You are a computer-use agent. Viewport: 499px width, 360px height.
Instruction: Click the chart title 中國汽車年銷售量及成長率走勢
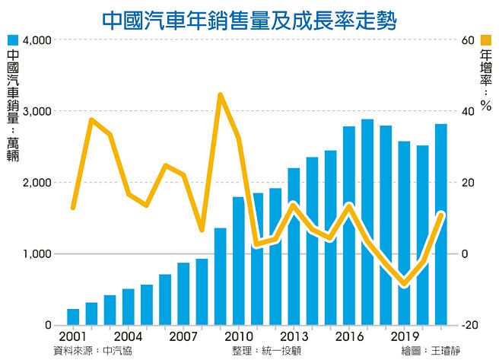(x=249, y=18)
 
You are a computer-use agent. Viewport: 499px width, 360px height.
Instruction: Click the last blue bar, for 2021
(x=441, y=225)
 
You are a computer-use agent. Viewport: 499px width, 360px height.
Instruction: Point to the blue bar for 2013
(x=294, y=247)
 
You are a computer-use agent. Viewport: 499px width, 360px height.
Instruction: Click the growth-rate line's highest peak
(x=220, y=95)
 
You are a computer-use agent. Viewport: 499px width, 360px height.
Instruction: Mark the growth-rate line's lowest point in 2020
(x=405, y=285)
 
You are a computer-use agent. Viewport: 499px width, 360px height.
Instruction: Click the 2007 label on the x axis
(x=183, y=336)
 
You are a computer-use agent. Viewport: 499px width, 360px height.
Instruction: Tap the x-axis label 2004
(x=129, y=336)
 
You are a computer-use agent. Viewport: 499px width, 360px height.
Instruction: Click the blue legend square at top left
(x=11, y=39)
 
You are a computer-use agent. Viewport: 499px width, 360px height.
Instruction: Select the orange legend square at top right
(x=486, y=39)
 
